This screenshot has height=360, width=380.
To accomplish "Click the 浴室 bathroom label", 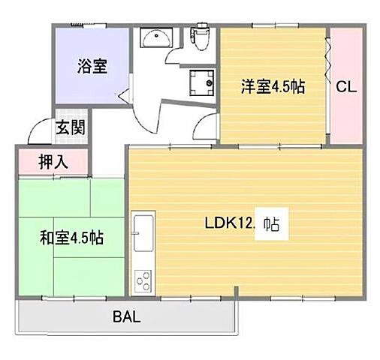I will pyautogui.click(x=92, y=66).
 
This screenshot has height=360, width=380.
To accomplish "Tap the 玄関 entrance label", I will pyautogui.click(x=69, y=126).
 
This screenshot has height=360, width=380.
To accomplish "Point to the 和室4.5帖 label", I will pyautogui.click(x=71, y=238).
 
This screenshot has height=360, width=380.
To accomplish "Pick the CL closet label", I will pyautogui.click(x=345, y=87).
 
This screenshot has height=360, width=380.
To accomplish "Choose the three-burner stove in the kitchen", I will pyautogui.click(x=142, y=282).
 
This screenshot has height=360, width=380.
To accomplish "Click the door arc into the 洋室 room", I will pyautogui.click(x=204, y=127).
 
